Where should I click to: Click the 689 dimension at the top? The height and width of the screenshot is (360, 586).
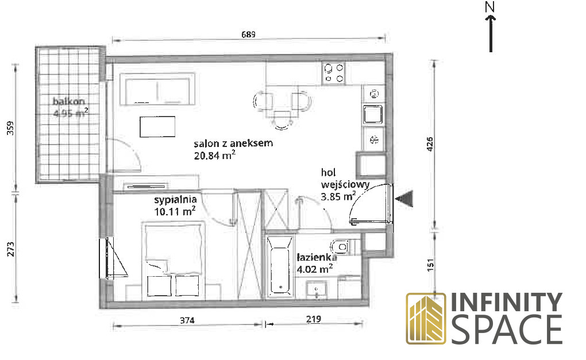248,34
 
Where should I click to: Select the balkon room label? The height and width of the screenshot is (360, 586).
69,101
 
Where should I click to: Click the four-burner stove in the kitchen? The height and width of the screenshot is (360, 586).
334,73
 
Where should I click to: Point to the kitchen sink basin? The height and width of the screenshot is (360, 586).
373,114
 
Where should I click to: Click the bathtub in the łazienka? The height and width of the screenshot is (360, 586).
279,265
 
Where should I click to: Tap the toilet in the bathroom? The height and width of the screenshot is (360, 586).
341,247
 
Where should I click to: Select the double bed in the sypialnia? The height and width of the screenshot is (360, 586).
174,260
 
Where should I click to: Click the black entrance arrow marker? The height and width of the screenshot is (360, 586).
404,198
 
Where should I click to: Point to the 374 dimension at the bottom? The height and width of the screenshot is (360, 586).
187,320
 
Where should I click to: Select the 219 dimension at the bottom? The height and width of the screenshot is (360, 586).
313,319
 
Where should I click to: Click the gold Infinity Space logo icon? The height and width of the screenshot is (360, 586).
426,319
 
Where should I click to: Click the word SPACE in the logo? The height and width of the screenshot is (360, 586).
507,330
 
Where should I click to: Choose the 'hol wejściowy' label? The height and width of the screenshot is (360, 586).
345,179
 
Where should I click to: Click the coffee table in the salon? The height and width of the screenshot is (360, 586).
157,126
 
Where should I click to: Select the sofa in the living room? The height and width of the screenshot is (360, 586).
157,89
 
